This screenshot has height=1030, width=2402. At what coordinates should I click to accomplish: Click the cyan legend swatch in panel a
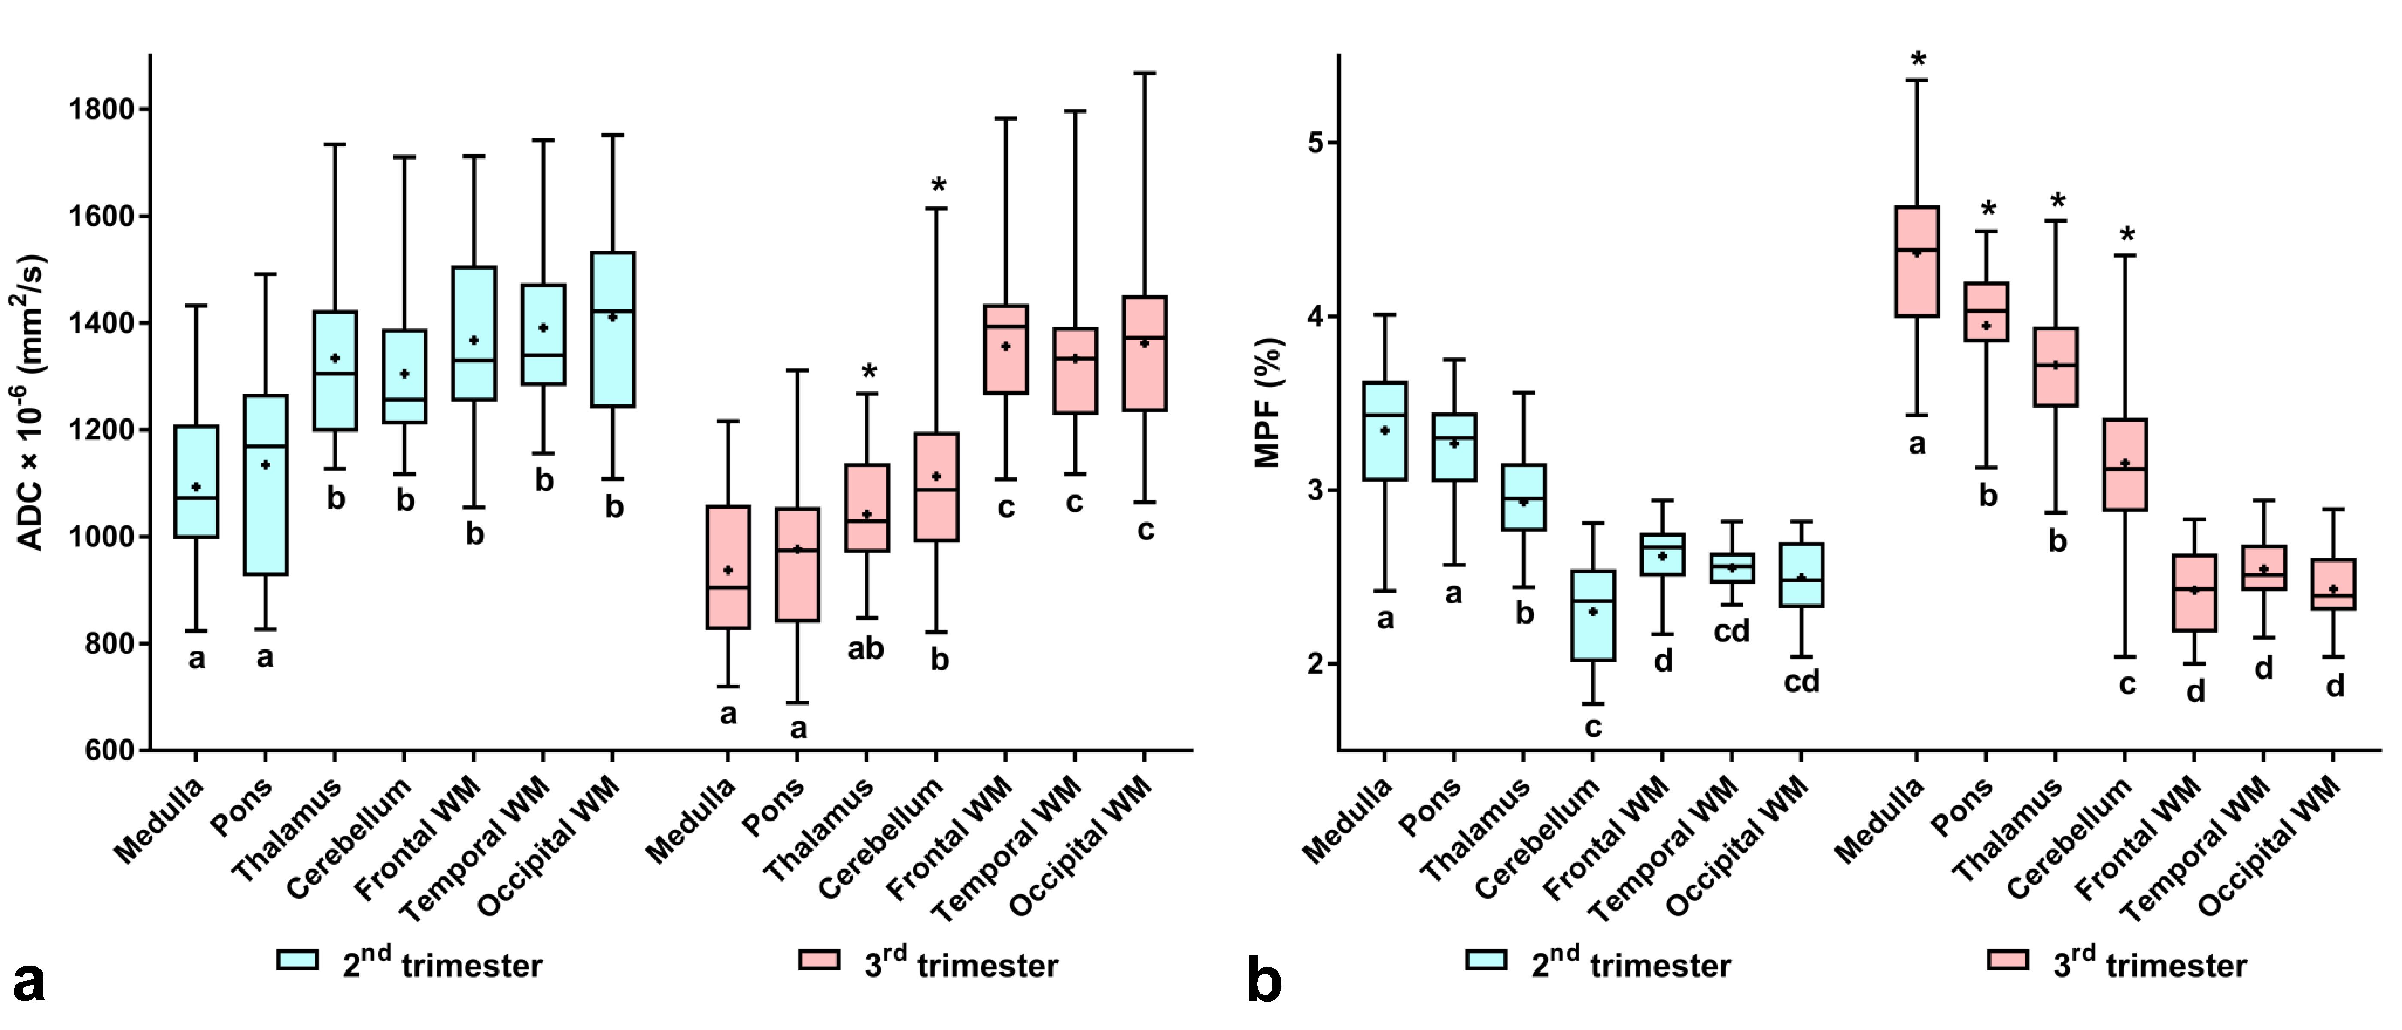tap(298, 960)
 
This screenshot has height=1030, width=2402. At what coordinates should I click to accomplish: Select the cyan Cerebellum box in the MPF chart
tap(1593, 615)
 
